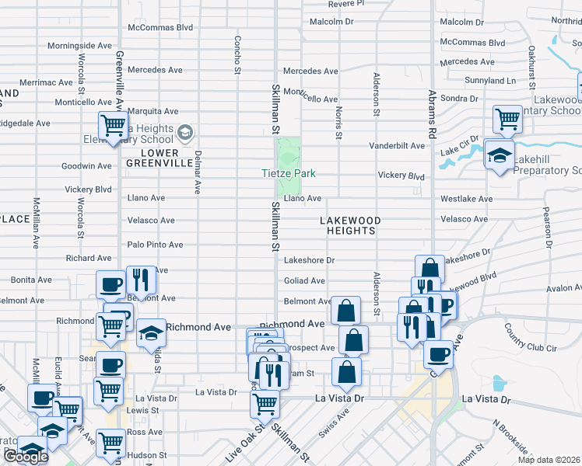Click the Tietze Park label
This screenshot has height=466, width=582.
[288, 173]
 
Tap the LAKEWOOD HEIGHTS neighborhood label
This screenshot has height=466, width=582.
[350, 226]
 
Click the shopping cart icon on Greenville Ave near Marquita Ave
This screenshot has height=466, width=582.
[114, 124]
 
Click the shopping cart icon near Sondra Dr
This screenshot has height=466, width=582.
[507, 119]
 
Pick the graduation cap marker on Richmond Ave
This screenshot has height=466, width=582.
[151, 332]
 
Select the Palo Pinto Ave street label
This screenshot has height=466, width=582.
[156, 245]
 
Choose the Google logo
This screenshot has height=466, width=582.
[25, 457]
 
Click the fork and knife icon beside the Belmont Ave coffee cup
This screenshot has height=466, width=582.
[141, 280]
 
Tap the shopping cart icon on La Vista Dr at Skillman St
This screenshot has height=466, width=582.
[265, 403]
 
